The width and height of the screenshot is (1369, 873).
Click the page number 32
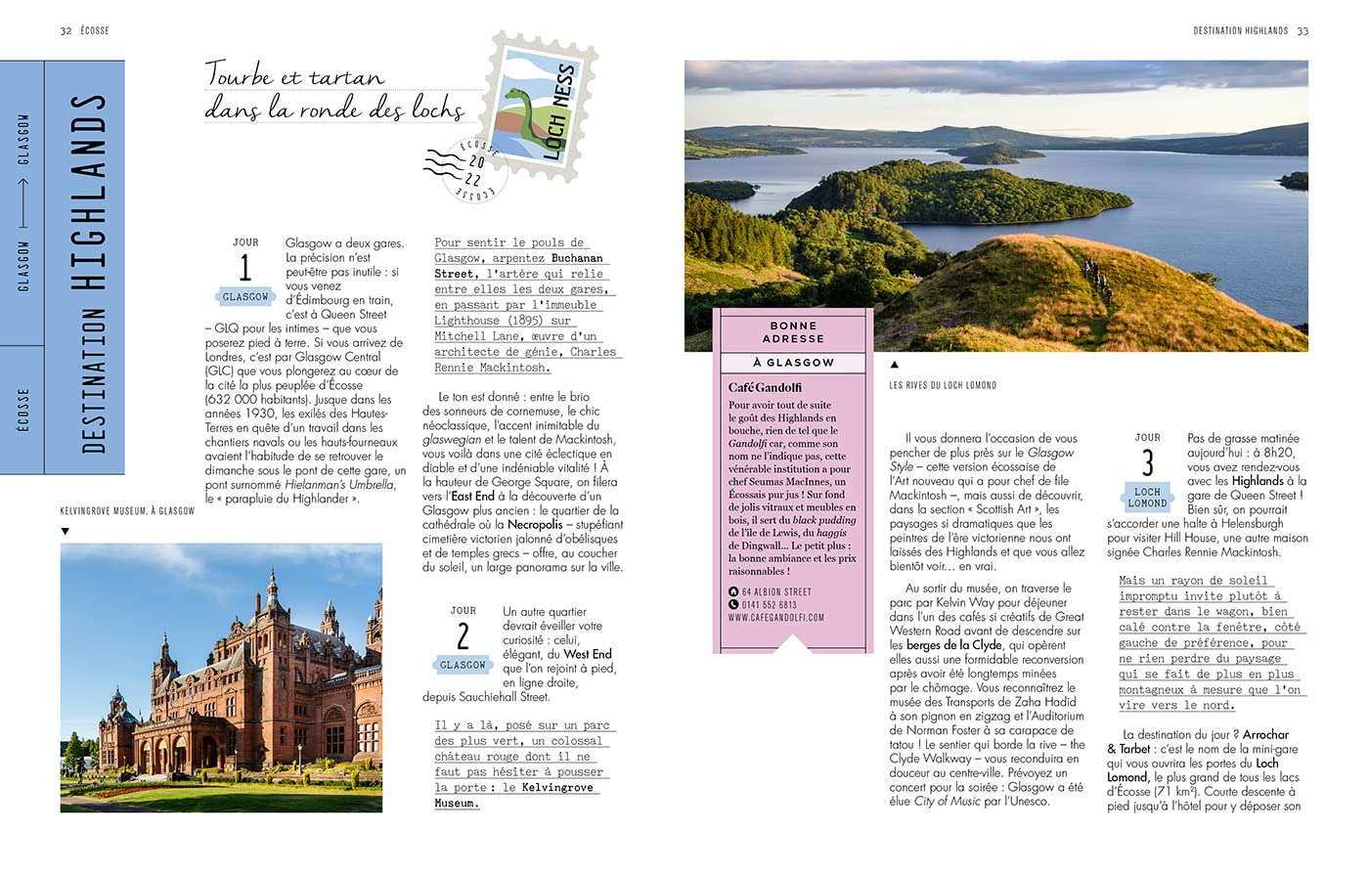coord(66,31)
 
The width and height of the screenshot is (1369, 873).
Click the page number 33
coord(1303,31)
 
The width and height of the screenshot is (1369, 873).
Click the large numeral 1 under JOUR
coord(244,268)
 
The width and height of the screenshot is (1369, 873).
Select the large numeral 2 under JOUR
coord(463,636)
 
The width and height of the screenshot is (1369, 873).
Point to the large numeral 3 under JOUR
coord(1147,462)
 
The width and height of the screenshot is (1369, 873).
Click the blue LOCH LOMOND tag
coord(1147,498)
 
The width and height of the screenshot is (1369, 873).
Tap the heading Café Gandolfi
coord(765,387)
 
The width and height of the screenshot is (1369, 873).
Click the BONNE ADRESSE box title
coord(793,332)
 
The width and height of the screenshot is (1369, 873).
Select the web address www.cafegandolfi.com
coord(776,618)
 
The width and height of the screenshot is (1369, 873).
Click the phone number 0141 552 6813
coord(769,605)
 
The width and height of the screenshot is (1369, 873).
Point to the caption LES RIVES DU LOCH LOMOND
coord(943,385)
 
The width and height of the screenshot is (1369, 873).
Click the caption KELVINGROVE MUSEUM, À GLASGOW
coord(127,511)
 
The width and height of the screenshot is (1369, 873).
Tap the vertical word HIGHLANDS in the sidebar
coord(93,191)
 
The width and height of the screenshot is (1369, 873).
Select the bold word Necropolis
coord(535,525)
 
